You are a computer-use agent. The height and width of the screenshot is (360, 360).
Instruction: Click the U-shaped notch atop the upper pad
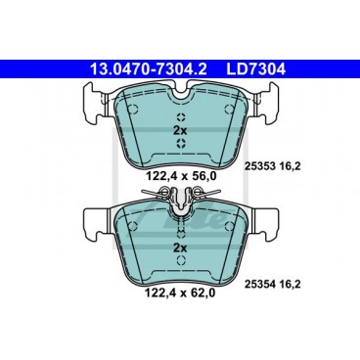[179, 93]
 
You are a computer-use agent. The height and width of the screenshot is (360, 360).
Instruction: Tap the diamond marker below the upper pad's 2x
[179, 144]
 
